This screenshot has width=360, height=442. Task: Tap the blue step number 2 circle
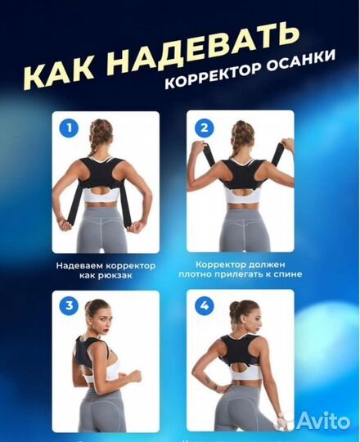point(204,128)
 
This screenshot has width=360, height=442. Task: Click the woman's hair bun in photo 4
point(233,310)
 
